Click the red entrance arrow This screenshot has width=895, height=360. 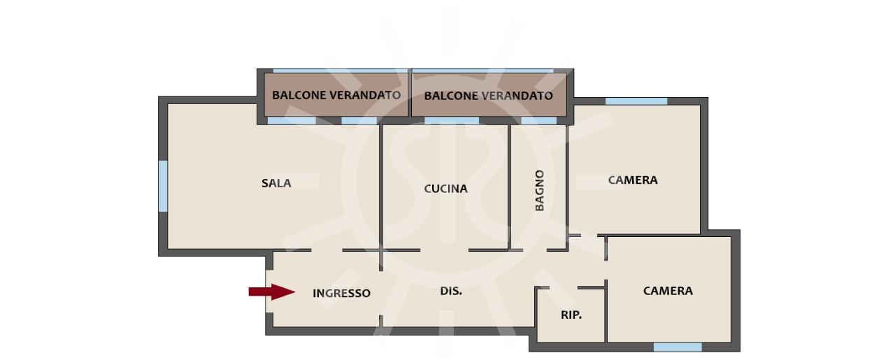click(272, 292)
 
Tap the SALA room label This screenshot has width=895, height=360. click(276, 183)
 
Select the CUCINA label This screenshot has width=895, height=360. click(445, 189)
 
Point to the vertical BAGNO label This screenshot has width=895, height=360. click(539, 190)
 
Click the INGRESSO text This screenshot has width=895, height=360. click(341, 294)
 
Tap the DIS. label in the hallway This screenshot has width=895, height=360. click(451, 291)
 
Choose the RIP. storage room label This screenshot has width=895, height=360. click(571, 315)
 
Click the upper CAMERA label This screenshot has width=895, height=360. click(633, 180)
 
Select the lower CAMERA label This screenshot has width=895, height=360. click(668, 291)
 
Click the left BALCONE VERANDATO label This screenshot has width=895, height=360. click(336, 95)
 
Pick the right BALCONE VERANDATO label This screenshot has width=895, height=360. click(488, 96)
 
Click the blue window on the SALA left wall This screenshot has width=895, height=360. click(163, 186)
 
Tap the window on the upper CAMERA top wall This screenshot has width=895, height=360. click(636, 101)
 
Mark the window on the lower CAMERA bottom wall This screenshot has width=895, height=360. click(678, 347)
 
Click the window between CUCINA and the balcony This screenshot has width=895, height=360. click(452, 121)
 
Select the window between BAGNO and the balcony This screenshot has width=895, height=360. click(539, 121)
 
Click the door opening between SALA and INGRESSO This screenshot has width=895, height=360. click(327, 250)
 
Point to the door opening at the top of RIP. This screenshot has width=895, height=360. click(564, 287)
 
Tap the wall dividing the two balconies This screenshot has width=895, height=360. click(410, 93)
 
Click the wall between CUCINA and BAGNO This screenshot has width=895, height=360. click(509, 187)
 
